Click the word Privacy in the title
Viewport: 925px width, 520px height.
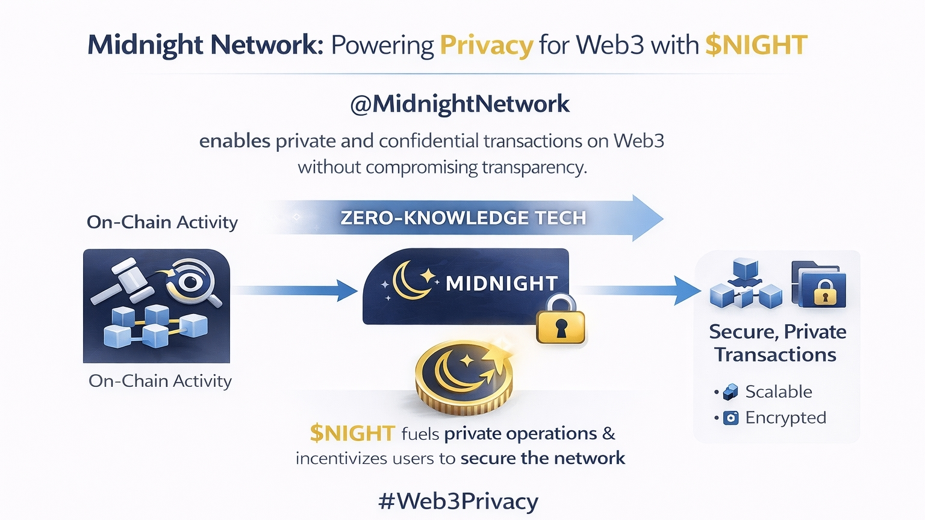486,46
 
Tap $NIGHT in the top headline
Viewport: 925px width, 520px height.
756,46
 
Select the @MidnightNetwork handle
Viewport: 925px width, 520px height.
459,104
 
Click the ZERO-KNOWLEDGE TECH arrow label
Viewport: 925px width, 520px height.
463,218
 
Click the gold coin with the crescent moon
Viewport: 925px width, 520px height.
464,377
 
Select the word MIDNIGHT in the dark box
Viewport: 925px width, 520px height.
502,283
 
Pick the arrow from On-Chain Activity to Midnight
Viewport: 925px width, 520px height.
295,290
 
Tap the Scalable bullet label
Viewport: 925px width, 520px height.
778,392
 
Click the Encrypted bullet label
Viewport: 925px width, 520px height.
785,418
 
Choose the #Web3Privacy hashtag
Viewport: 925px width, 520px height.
458,501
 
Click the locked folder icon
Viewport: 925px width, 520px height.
819,284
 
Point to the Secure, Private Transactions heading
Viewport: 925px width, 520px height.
777,343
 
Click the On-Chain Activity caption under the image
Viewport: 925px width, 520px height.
160,381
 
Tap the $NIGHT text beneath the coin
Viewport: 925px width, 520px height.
352,433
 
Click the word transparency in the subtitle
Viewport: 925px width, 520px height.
534,167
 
